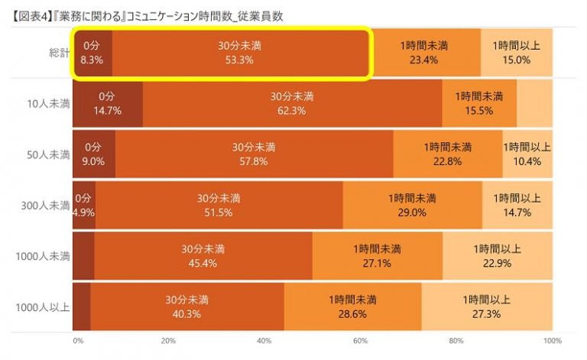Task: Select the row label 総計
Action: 56,53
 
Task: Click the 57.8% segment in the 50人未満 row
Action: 254,154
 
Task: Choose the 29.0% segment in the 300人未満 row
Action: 412,206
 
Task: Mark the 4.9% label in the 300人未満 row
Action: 83,212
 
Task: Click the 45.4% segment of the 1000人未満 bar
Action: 203,256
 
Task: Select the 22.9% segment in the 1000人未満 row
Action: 497,256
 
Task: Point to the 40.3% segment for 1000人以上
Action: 187,307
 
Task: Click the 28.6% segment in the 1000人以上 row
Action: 352,307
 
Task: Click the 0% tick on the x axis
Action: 78,340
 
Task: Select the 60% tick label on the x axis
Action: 361,340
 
